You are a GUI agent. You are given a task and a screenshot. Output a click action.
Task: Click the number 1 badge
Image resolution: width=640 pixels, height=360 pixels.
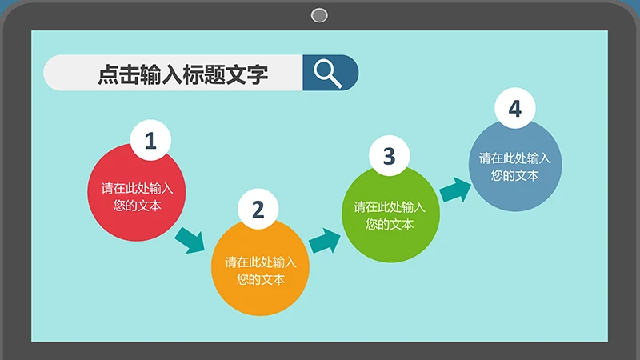150,140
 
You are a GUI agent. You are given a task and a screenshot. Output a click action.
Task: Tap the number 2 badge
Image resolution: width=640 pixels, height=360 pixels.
258,209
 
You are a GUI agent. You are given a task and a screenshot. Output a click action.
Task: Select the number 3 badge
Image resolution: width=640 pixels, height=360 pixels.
389,155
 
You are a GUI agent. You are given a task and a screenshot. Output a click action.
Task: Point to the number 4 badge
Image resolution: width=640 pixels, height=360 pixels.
515,108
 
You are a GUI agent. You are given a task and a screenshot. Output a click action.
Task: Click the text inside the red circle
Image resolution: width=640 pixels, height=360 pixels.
137,197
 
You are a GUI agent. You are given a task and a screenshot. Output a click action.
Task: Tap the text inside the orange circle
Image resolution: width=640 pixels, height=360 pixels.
261,270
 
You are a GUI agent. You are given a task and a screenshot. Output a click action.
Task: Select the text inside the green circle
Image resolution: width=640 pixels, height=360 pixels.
390,215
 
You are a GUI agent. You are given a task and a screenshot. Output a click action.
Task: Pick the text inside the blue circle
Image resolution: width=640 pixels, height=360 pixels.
515,166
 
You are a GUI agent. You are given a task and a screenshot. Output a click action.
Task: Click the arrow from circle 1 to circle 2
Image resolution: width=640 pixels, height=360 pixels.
190,241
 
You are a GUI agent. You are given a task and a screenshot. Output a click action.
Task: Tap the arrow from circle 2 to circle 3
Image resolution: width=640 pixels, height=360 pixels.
325,242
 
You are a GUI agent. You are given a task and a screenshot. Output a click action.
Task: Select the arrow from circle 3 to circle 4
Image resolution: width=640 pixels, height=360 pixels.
455,190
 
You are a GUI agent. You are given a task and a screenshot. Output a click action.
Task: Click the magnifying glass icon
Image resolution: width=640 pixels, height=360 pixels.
327,74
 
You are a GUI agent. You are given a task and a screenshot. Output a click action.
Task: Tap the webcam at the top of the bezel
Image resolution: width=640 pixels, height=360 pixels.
319,15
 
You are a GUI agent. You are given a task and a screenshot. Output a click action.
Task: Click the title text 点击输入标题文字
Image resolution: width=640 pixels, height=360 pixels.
183,74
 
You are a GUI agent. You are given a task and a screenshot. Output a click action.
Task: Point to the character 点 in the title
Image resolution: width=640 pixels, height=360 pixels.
109,74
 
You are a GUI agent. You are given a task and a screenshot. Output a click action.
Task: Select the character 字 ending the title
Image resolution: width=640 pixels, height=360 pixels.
258,74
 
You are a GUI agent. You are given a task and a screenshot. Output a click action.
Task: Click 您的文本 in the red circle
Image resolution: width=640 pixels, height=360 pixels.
137,206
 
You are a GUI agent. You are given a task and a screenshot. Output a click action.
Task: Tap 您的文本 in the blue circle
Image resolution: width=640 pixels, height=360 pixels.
515,175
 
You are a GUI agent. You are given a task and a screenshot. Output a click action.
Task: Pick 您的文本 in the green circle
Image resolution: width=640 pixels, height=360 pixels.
390,224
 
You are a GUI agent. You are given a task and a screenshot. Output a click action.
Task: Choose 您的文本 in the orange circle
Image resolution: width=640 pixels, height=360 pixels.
261,279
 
